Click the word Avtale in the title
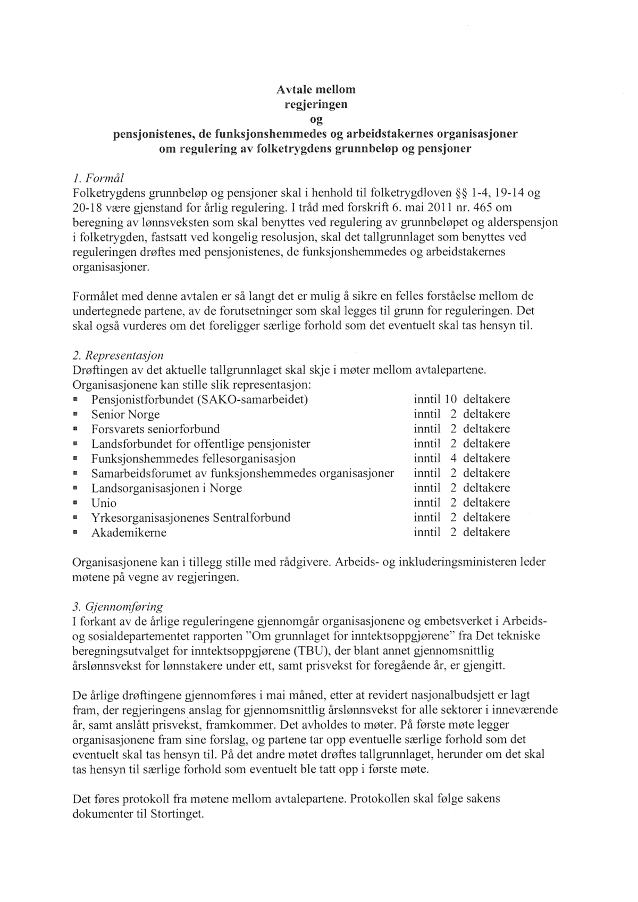(296, 89)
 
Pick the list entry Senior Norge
(125, 414)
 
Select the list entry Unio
(104, 503)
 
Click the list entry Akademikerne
(129, 533)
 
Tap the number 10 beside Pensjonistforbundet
(451, 399)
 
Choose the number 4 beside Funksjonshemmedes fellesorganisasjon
(454, 458)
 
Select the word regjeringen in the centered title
(316, 104)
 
